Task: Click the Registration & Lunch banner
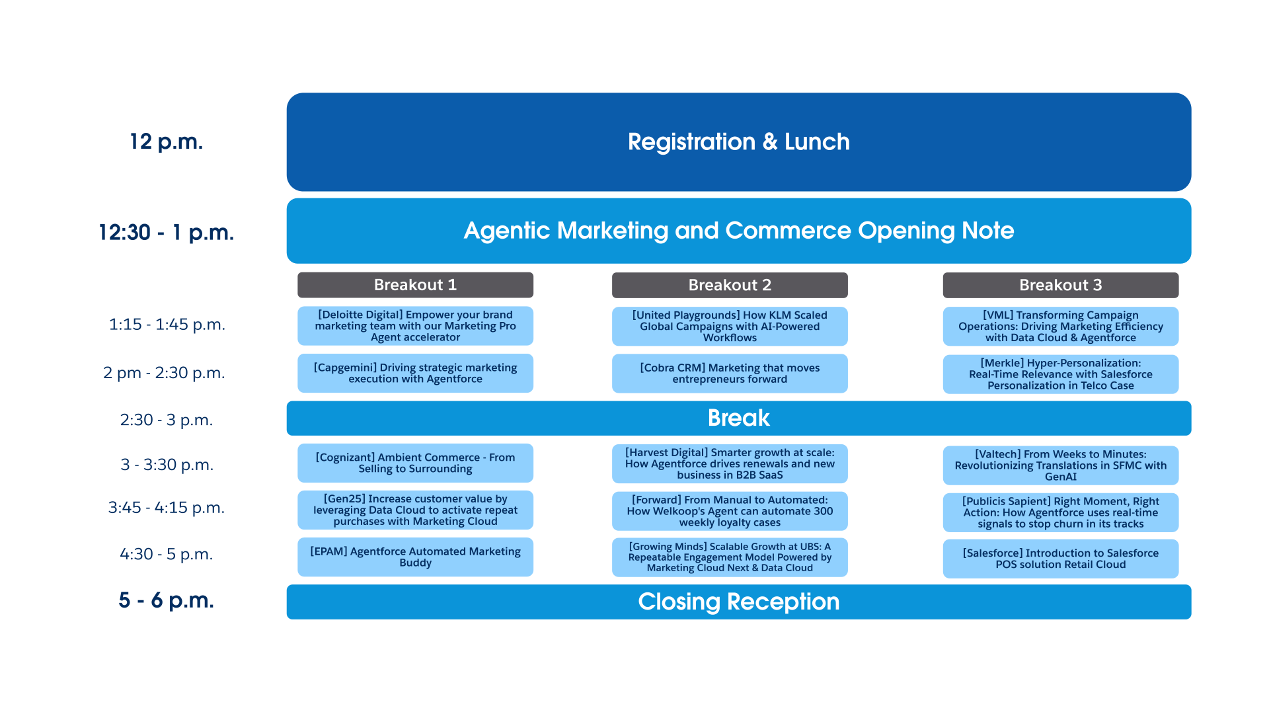[739, 142]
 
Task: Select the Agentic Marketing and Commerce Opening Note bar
[739, 231]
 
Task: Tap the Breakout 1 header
[415, 285]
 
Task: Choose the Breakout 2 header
[730, 285]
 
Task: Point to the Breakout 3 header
[1061, 285]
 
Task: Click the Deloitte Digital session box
[415, 326]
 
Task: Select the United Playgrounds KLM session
[730, 326]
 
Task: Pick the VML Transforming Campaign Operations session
[1061, 326]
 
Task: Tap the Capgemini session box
[415, 374]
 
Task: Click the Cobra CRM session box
[730, 374]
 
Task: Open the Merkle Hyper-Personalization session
[1061, 374]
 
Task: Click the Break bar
[739, 418]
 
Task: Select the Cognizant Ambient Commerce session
[415, 463]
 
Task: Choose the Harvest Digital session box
[730, 463]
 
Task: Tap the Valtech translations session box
[1061, 465]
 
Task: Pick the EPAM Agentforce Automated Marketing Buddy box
[415, 557]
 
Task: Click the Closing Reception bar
[739, 602]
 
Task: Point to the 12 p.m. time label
[167, 141]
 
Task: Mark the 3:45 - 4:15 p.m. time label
[167, 507]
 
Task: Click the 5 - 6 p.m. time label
[167, 600]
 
